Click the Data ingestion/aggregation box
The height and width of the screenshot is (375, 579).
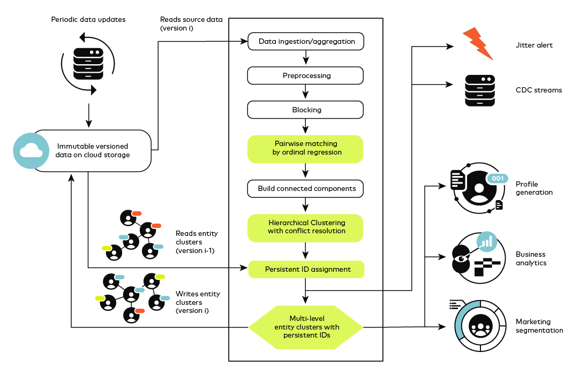[x=306, y=41]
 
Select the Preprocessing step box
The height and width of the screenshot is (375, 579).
[x=305, y=75]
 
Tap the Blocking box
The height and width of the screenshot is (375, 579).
[x=305, y=110]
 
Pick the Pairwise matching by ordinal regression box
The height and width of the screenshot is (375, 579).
[x=305, y=149]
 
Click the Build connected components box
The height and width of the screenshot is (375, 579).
[x=305, y=188]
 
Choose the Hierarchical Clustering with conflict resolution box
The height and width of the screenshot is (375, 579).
[x=305, y=228]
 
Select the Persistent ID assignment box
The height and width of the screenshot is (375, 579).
[x=306, y=269]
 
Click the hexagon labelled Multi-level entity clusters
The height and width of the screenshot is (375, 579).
[x=306, y=327]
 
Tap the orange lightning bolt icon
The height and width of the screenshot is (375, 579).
[x=478, y=43]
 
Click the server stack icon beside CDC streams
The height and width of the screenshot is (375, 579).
[x=480, y=90]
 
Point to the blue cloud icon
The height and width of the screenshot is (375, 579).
[x=31, y=151]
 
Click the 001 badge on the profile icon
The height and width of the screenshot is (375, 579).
[x=498, y=179]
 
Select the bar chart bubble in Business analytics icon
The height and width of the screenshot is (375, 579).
[x=487, y=241]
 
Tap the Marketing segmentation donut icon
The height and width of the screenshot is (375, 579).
[x=480, y=326]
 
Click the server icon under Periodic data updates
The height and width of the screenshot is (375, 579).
[x=88, y=64]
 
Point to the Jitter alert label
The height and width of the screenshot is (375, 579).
[x=534, y=45]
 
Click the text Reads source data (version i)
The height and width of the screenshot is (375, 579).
[x=191, y=24]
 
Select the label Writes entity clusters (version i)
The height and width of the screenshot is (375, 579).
[x=198, y=302]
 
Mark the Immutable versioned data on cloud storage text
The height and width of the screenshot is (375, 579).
[x=93, y=150]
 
